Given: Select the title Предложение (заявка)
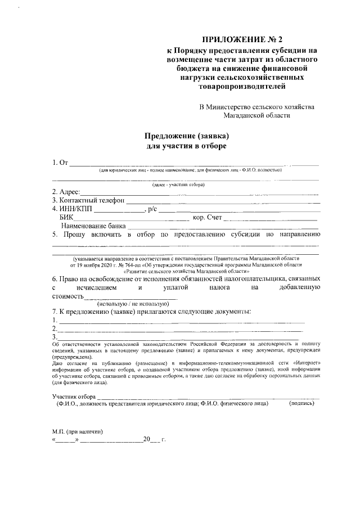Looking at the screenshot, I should [x=187, y=136].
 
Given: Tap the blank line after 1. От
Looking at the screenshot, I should [x=194, y=165].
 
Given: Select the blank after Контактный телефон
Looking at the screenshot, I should [x=222, y=201].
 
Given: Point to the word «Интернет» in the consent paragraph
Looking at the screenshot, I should [x=307, y=363].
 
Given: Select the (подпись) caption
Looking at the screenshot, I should [x=301, y=404].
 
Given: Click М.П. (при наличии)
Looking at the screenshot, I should [x=77, y=432].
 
